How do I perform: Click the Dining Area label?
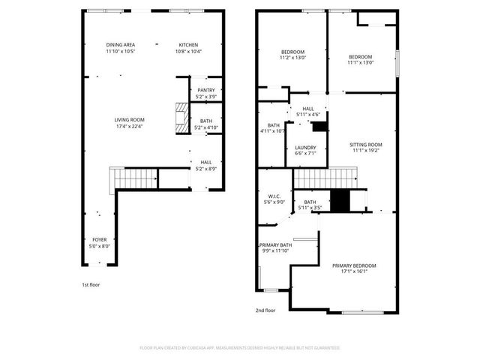[x=120, y=48]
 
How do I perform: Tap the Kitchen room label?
[x=188, y=48]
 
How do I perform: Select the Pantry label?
[x=206, y=93]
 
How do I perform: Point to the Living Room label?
[x=129, y=123]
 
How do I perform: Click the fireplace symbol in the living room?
[x=180, y=118]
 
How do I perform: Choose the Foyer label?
[x=100, y=242]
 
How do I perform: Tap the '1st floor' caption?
[x=90, y=285]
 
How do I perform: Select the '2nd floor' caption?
[x=265, y=310]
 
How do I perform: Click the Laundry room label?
[x=305, y=151]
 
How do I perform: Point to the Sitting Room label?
[x=366, y=147]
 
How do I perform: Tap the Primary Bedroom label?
[x=355, y=268]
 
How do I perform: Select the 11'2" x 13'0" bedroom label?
[x=292, y=55]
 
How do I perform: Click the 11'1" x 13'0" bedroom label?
[x=361, y=60]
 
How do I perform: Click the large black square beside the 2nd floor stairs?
[x=340, y=200]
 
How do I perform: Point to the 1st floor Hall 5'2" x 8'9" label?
[x=205, y=165]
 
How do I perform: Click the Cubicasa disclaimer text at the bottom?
[x=240, y=348]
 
